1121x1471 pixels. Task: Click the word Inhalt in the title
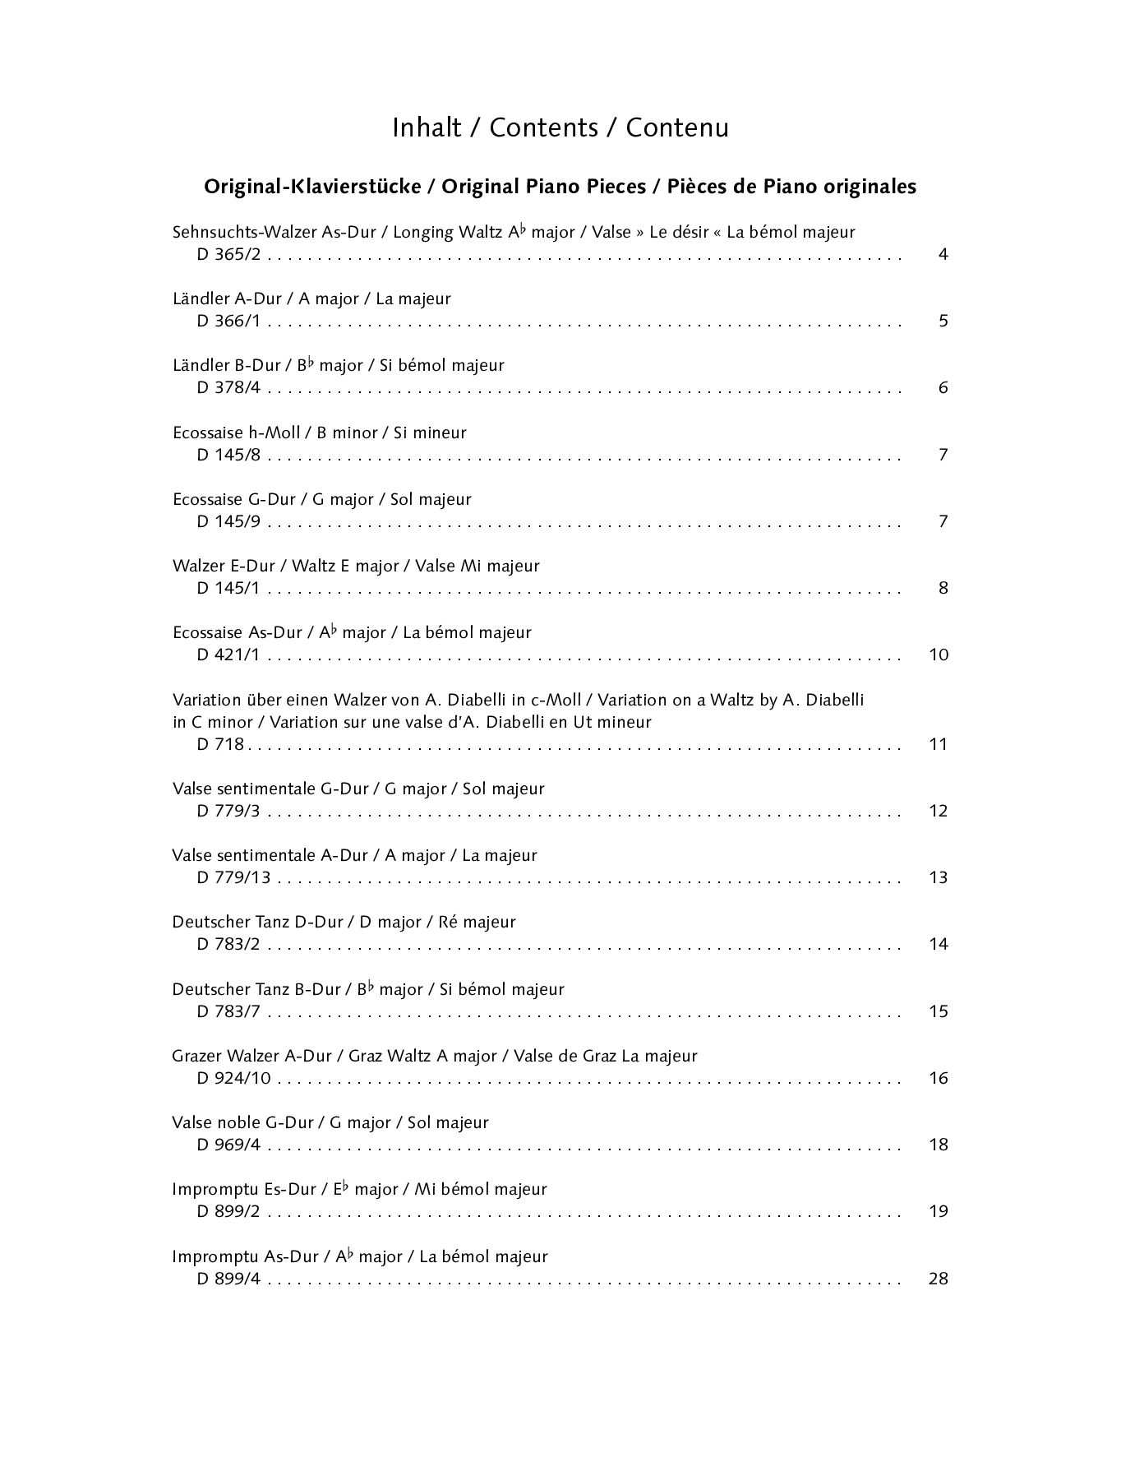(x=426, y=128)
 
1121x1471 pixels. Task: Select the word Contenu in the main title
(x=677, y=128)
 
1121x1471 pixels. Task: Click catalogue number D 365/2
(x=228, y=254)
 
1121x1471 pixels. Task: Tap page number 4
(x=943, y=254)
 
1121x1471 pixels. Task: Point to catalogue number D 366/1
(x=228, y=321)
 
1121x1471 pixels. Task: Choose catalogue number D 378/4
(x=228, y=387)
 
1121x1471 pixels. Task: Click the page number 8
(x=943, y=588)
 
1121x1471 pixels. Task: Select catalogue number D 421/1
(x=228, y=655)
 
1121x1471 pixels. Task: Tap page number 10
(x=939, y=655)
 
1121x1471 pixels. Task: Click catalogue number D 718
(x=221, y=744)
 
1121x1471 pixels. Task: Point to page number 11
(x=939, y=744)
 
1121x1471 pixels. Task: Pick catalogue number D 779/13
(x=233, y=877)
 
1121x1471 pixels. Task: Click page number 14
(x=939, y=944)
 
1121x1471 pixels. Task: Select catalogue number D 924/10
(x=233, y=1078)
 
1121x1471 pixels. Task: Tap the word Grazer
(x=197, y=1056)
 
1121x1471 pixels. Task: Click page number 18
(x=939, y=1145)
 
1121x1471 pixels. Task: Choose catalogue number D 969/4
(x=228, y=1145)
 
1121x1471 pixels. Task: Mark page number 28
(x=939, y=1279)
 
